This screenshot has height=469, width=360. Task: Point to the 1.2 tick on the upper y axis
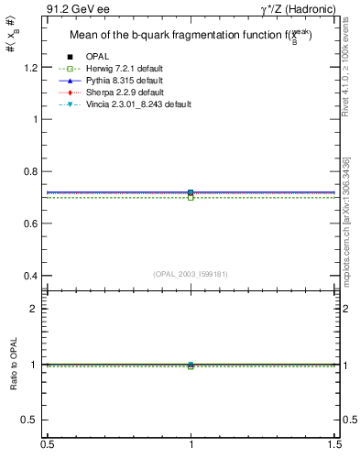pos(34,68)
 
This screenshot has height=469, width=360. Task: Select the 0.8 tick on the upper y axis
pos(34,171)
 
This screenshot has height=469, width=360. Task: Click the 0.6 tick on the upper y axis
pos(34,224)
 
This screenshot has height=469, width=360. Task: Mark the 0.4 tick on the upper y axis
pos(34,276)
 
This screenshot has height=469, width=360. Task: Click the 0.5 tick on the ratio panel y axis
pos(34,420)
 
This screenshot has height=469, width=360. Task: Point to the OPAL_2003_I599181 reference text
pos(191,273)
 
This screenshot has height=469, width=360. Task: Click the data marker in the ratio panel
pos(191,365)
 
